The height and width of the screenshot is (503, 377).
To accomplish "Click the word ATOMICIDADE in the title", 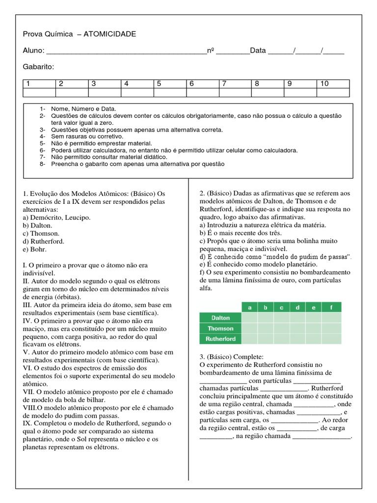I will [110, 34].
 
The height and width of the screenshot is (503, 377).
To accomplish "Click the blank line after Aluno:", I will [126, 51].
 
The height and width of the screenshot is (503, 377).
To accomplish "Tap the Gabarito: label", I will [38, 67].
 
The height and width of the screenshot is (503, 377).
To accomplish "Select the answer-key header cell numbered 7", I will [235, 84].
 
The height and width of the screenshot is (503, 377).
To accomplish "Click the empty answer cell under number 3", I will [105, 92].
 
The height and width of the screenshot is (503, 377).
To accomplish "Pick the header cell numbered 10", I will [333, 84].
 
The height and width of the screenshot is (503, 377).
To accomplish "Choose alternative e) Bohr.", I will [36, 250].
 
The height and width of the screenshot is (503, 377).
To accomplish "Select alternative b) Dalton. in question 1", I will [37, 225].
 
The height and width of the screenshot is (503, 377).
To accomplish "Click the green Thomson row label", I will [220, 328].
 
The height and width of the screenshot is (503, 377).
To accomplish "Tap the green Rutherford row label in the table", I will [220, 339].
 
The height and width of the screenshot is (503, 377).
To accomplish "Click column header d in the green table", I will [298, 307].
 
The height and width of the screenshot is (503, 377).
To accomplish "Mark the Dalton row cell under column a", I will [250, 318].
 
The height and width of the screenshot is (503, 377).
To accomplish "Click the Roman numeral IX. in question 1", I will [27, 423].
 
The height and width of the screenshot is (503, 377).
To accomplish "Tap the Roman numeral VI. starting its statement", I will [27, 367].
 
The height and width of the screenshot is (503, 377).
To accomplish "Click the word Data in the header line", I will [258, 51].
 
